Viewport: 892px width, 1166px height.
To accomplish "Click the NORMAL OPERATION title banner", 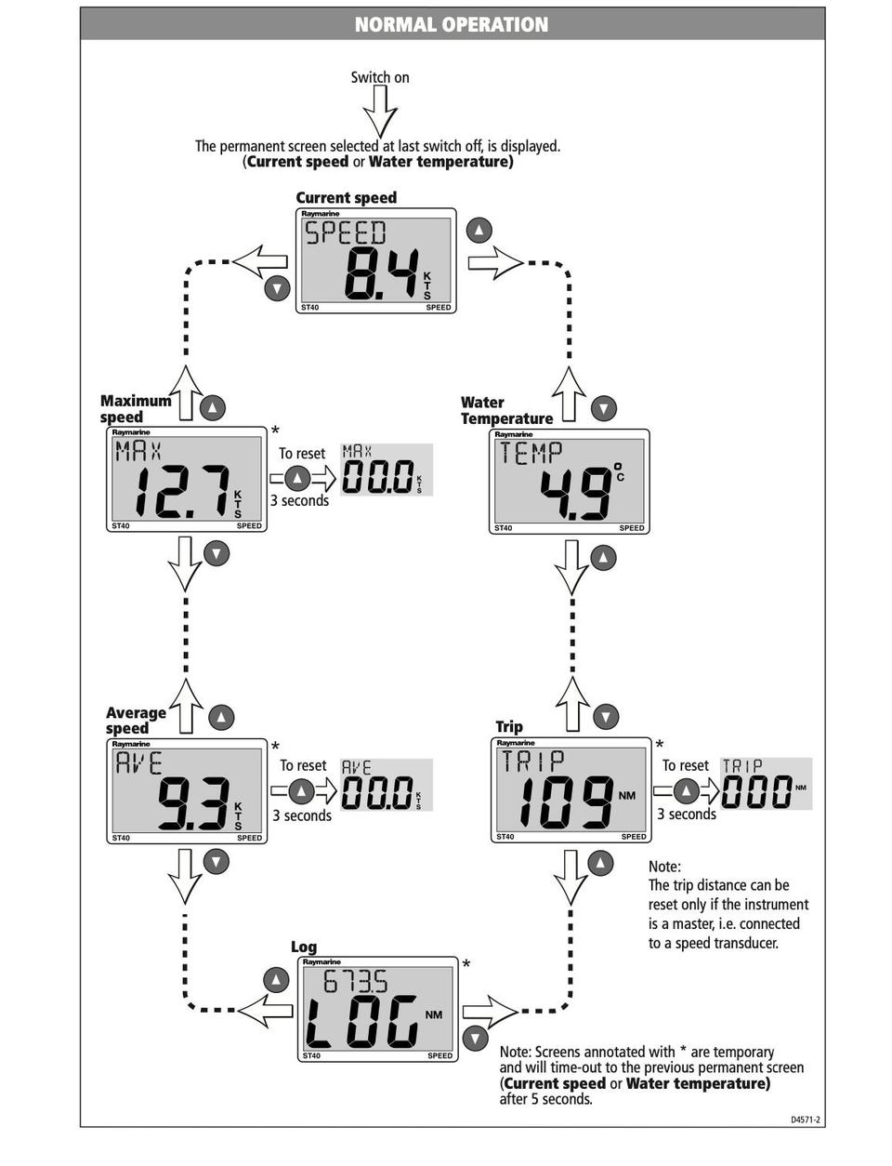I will coord(452,24).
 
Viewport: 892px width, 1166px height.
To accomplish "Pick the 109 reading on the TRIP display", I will coord(565,802).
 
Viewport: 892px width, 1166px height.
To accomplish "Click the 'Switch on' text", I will coord(379,77).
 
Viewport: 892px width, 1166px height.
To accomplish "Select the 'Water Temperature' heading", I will coord(506,410).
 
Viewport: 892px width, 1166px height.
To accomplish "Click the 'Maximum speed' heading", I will coord(136,409).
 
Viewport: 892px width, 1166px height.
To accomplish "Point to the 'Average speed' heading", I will coord(136,721).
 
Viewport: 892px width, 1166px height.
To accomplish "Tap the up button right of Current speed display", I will coord(479,230).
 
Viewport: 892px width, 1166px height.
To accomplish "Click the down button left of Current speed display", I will coord(277,288).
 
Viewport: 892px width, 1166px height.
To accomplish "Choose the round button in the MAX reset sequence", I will coord(296,478).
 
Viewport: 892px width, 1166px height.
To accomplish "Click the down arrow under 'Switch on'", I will coord(380,112).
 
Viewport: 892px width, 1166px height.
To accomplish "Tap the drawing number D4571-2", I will coord(805,1120).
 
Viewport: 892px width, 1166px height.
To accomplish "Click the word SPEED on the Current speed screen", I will coord(345,232).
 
